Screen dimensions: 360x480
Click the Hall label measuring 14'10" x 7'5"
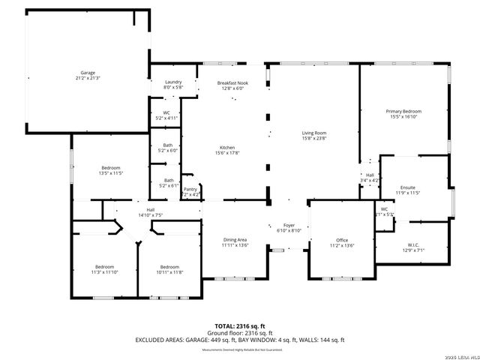(x=150, y=212)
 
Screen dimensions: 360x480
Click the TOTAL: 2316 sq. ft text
(x=239, y=325)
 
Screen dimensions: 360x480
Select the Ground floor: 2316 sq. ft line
(x=239, y=332)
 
